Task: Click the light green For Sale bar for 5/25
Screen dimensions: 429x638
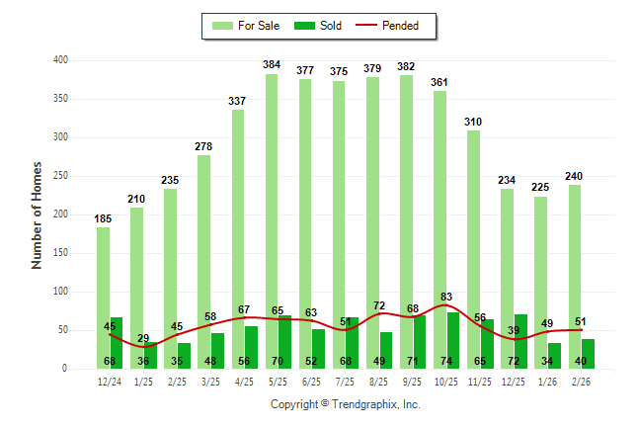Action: point(272,217)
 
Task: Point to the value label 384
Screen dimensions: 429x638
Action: point(272,65)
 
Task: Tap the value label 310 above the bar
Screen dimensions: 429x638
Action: point(474,122)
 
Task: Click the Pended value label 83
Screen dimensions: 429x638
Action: point(446,297)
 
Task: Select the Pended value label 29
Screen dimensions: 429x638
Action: point(143,339)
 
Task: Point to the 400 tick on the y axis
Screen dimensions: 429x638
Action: point(60,60)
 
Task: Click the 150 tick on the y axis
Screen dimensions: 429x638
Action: point(60,253)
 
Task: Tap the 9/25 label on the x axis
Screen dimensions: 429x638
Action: point(413,383)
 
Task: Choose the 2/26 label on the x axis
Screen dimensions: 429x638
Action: point(581,383)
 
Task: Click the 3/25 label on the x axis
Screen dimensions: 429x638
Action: point(210,383)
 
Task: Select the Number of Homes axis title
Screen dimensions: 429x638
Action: point(38,214)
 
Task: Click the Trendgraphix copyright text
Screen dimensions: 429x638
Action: point(345,404)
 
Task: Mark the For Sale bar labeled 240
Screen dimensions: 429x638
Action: point(574,277)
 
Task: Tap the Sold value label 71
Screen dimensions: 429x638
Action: point(413,362)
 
